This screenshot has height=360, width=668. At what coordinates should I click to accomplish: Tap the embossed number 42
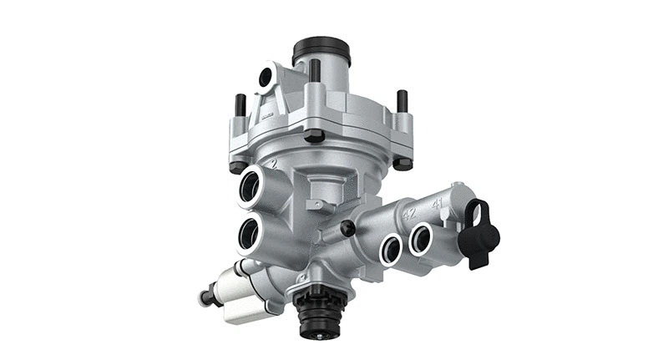click(x=409, y=213)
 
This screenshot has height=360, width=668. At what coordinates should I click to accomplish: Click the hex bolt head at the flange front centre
click(x=314, y=134)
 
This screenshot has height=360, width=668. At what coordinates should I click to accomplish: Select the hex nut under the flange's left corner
click(x=238, y=166)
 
